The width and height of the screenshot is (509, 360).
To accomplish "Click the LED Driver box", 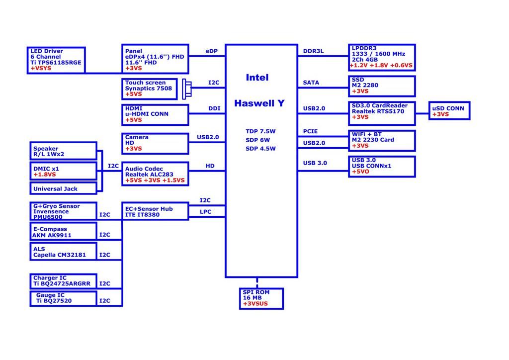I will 56,60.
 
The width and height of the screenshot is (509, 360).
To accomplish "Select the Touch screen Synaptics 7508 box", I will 155,89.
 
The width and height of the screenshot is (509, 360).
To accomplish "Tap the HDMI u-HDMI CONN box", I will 155,114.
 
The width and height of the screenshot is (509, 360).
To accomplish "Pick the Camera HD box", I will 155,143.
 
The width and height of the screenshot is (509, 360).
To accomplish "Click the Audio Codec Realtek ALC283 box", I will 155,174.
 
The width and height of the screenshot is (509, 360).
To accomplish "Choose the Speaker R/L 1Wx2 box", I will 63,151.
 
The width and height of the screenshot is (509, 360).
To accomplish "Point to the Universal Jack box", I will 63,188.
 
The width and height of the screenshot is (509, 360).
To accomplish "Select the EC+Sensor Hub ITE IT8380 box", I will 155,210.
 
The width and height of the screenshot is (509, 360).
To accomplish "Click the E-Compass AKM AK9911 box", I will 63,232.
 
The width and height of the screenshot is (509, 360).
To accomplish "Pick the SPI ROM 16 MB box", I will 261,298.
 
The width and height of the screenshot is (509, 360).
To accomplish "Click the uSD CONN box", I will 449,111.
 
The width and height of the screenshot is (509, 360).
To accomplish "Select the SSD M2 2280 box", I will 382,86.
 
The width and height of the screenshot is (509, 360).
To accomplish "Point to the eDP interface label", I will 211,51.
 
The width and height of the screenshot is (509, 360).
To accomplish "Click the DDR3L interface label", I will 313,51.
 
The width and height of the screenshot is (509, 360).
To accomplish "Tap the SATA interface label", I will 311,83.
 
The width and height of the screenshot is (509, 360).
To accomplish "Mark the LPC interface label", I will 205,212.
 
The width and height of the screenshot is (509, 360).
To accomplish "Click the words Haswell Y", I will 259,103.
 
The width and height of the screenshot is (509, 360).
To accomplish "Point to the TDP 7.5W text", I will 260,131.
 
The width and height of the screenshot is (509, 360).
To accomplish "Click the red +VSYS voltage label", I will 41,68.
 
